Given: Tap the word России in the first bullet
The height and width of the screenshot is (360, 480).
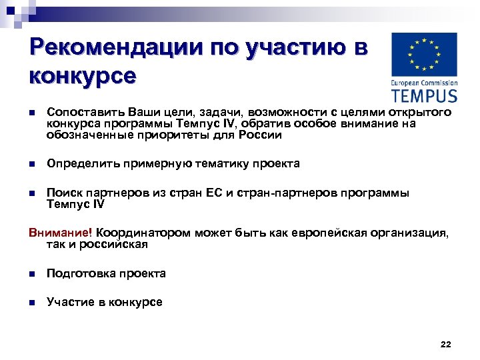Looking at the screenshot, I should tap(265, 135).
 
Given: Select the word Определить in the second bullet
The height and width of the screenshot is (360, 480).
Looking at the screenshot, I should tap(81, 163).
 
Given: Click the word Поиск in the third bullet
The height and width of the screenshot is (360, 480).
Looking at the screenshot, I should tap(63, 193).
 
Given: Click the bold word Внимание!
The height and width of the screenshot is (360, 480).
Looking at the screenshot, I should tap(61, 233).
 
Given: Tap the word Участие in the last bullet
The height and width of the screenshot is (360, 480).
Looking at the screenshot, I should tap(69, 302).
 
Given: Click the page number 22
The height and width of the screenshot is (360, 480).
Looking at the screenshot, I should tap(446, 344).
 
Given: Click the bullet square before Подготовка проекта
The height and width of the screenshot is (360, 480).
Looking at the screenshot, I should tap(31, 274).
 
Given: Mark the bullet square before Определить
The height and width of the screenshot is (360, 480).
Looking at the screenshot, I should tap(31, 164).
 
